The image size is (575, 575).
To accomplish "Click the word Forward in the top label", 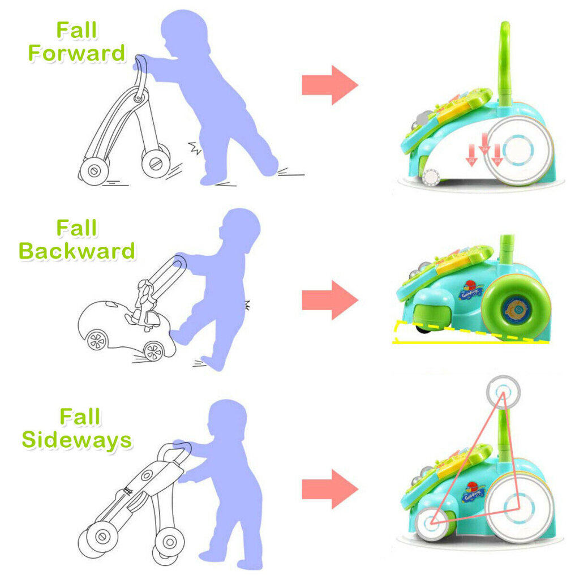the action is pyautogui.click(x=76, y=53).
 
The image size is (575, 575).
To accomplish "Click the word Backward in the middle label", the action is pyautogui.click(x=77, y=251).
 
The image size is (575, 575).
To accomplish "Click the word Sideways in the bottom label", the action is pyautogui.click(x=77, y=440).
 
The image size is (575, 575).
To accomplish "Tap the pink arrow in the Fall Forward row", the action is pyautogui.click(x=330, y=85).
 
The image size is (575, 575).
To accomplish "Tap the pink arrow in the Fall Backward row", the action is pyautogui.click(x=330, y=300).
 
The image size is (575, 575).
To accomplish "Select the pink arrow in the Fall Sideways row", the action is pyautogui.click(x=330, y=489).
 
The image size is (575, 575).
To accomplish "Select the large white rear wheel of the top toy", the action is pyautogui.click(x=520, y=151).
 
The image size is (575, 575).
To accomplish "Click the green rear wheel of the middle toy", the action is pyautogui.click(x=516, y=307).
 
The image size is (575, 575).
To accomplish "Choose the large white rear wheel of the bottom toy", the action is pyautogui.click(x=520, y=509).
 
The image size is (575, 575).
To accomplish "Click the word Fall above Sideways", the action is pyautogui.click(x=80, y=417).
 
